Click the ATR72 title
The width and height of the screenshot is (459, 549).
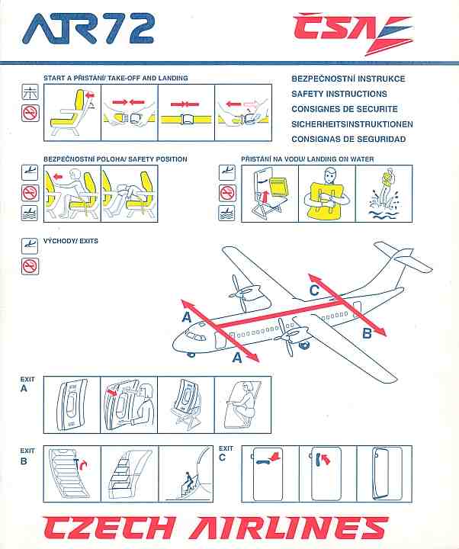coord(88,30)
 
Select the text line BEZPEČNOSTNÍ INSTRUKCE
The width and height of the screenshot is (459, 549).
coord(348,79)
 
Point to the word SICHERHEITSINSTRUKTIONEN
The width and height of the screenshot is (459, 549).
coord(352,124)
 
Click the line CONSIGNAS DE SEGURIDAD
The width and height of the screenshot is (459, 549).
coord(348,140)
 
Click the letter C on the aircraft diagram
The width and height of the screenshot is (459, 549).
coord(314,290)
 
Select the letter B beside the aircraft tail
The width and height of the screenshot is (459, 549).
coord(366,332)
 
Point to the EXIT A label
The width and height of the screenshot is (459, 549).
coord(28,383)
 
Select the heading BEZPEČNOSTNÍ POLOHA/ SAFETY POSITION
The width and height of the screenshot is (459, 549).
coord(114,159)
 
